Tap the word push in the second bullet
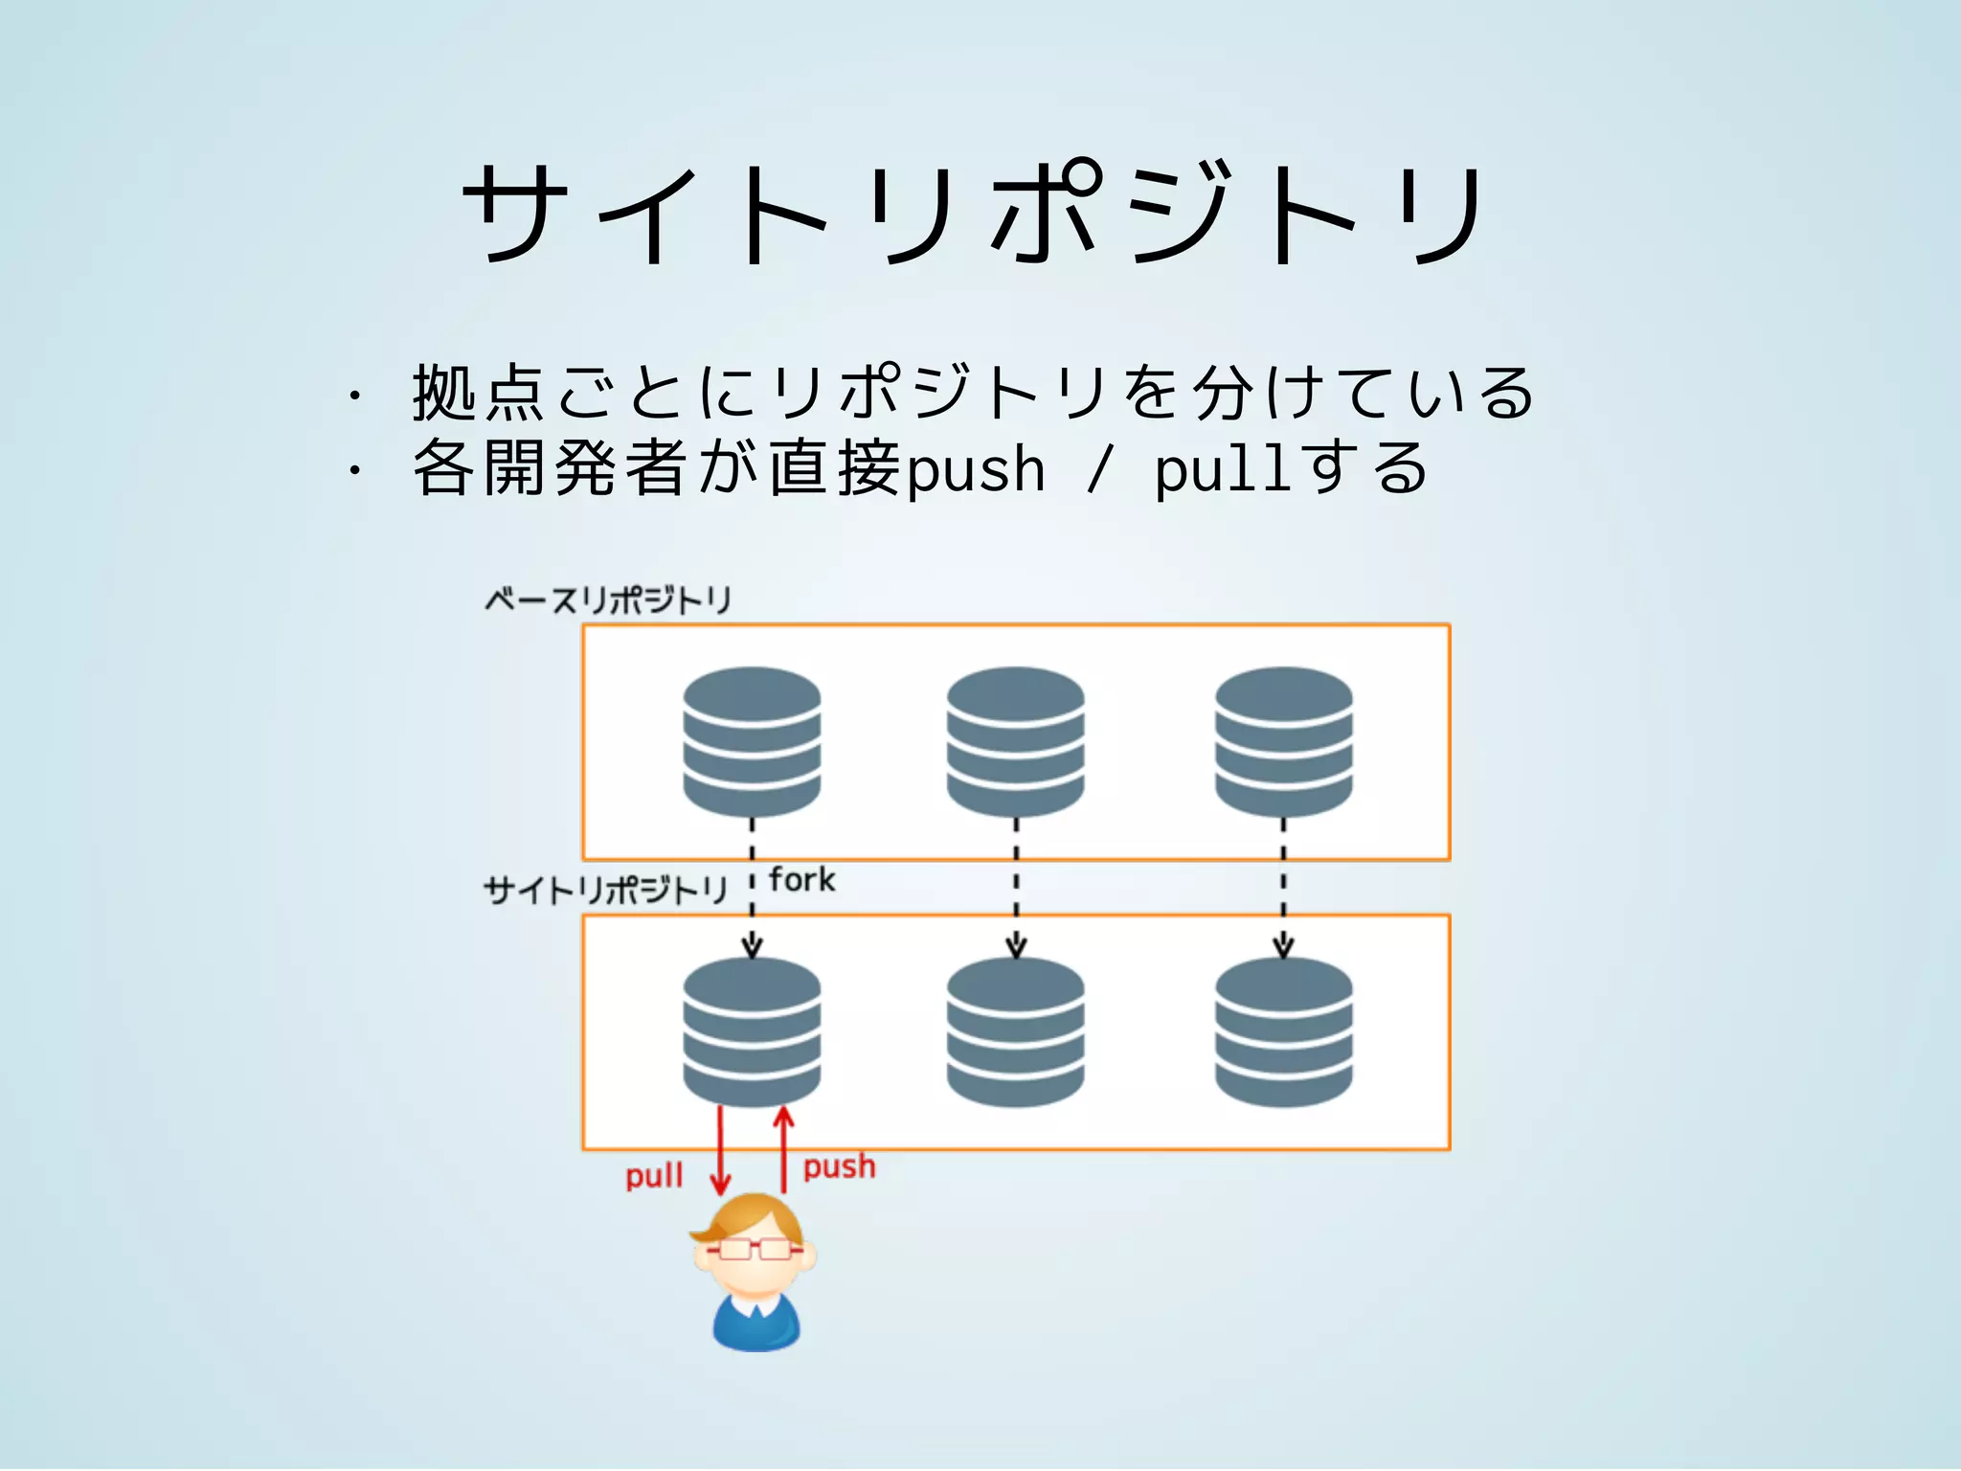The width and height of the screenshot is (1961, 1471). (x=976, y=470)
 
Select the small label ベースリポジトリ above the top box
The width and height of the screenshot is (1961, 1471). (x=607, y=600)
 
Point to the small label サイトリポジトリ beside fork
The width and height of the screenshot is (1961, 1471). (x=605, y=891)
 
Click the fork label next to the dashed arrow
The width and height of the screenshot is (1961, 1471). (x=801, y=880)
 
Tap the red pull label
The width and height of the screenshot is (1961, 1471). (x=654, y=1176)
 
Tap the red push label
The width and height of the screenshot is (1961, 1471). (x=839, y=1166)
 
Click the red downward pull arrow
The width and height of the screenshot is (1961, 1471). (x=720, y=1149)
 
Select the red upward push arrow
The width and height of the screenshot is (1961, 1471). (x=784, y=1149)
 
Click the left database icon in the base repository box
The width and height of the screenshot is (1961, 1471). (x=752, y=742)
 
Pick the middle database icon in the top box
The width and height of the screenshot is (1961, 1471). (x=1015, y=742)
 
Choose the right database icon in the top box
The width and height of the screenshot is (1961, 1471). (x=1283, y=742)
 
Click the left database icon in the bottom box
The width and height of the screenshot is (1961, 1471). (x=752, y=1032)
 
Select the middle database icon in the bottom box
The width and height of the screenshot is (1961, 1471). (x=1015, y=1032)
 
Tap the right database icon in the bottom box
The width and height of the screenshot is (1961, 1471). (x=1283, y=1032)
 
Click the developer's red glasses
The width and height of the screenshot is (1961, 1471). (x=755, y=1249)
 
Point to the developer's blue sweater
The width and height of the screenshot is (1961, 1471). (x=755, y=1326)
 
